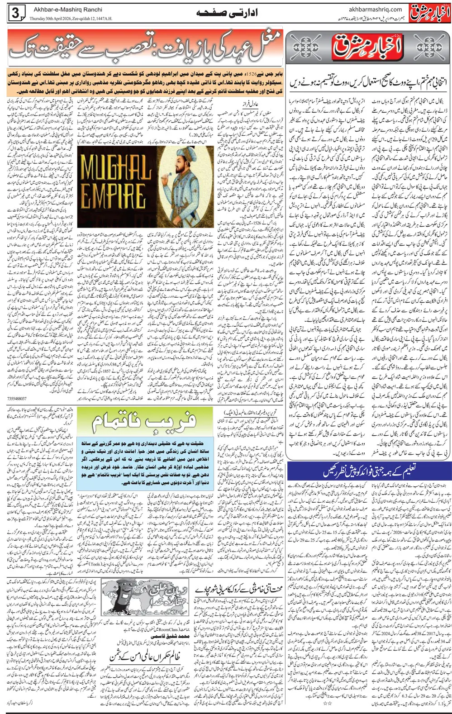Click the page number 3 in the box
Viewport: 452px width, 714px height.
[x=15, y=14]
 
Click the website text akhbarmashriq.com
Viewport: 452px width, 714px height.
[x=376, y=9]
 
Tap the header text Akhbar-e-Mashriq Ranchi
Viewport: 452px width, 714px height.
[x=68, y=9]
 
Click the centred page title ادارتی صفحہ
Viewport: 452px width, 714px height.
[x=227, y=13]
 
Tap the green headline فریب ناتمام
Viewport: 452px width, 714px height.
[x=143, y=422]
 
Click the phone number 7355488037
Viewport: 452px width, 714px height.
[x=17, y=399]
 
